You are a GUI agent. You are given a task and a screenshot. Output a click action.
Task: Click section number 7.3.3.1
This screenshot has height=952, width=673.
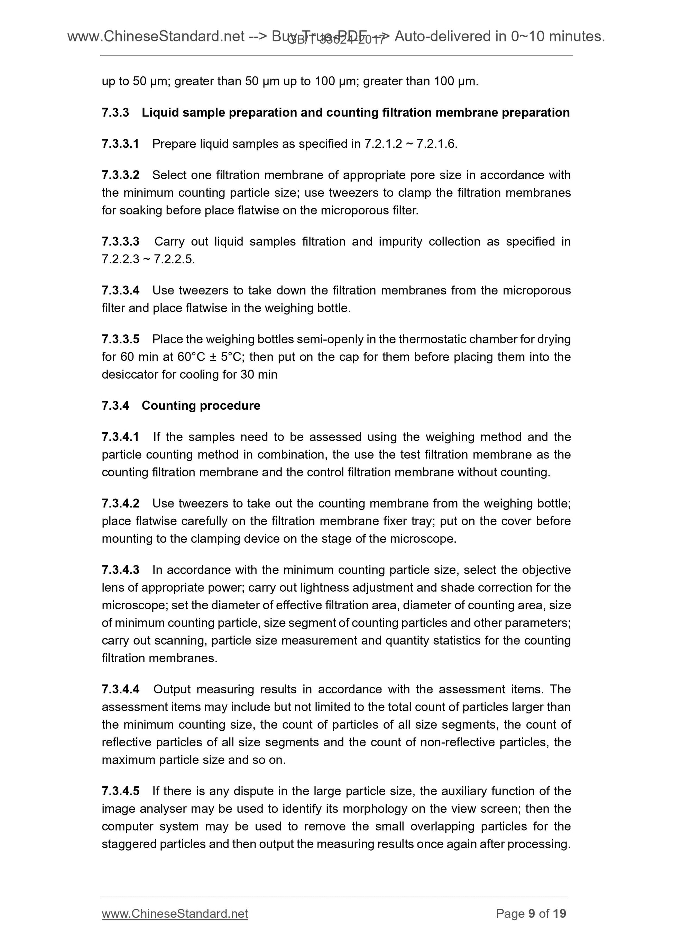pyautogui.click(x=120, y=144)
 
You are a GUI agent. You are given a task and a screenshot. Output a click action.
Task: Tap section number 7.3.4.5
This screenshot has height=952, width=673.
pyautogui.click(x=120, y=791)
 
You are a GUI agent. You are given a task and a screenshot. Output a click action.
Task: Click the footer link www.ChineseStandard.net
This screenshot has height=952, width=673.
pyautogui.click(x=175, y=913)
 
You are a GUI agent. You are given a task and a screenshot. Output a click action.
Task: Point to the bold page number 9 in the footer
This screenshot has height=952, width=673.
pyautogui.click(x=532, y=913)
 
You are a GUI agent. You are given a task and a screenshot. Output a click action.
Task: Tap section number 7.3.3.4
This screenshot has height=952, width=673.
pyautogui.click(x=120, y=290)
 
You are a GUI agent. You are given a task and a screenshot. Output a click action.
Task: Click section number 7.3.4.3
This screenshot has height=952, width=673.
pyautogui.click(x=120, y=570)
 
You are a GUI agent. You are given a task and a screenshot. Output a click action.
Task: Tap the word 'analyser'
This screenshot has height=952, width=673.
pyautogui.click(x=163, y=808)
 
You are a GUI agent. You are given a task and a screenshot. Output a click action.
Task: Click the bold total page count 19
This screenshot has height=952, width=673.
pyautogui.click(x=559, y=913)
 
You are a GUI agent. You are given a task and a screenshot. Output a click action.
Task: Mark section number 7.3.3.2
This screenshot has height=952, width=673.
pyautogui.click(x=120, y=175)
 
